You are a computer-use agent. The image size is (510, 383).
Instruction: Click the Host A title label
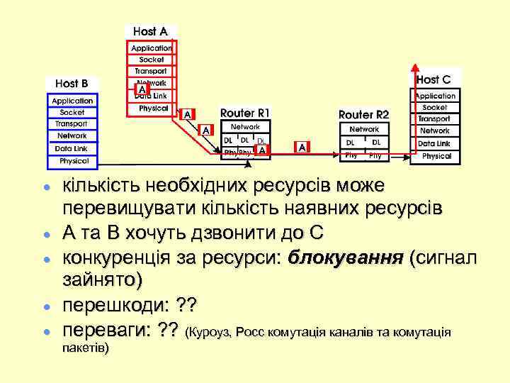pos(150,31)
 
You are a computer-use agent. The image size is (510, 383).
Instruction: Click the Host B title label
pos(72,84)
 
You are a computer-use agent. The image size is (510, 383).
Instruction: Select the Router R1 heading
pos(244,112)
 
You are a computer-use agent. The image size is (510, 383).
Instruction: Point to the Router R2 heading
pos(363,114)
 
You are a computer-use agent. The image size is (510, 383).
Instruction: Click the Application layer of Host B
pos(72,101)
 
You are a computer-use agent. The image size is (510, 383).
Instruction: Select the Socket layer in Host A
pos(151,60)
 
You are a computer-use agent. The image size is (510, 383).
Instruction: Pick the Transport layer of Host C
pos(434,119)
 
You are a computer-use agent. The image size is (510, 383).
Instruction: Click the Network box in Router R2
pos(364,130)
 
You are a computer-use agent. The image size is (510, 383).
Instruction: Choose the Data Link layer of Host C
pos(434,143)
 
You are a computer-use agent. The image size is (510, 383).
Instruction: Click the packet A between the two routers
pos(302,147)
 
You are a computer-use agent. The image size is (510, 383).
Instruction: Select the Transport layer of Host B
pos(72,124)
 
